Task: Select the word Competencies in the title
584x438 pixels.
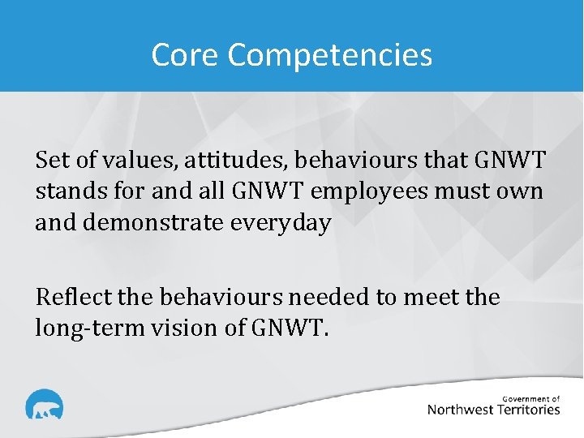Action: (330, 56)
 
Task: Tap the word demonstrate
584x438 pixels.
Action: (161, 223)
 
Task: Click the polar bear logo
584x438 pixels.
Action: (44, 406)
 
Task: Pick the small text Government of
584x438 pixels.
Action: (531, 398)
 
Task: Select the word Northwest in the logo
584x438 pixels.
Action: (461, 410)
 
